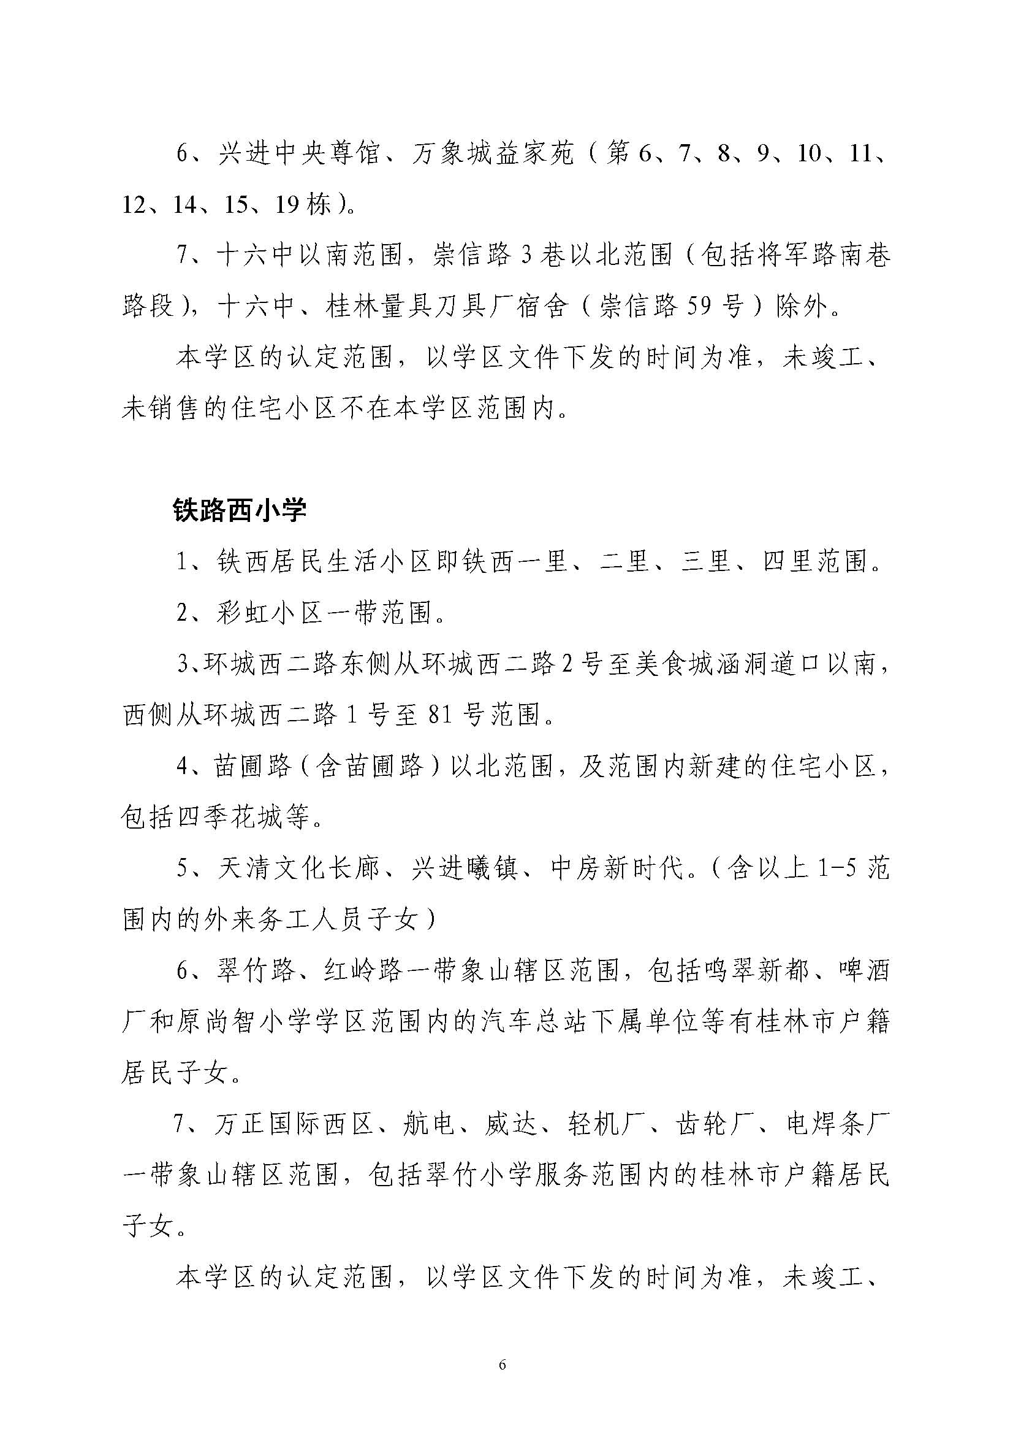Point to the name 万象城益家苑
(493, 153)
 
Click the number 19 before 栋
(286, 204)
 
